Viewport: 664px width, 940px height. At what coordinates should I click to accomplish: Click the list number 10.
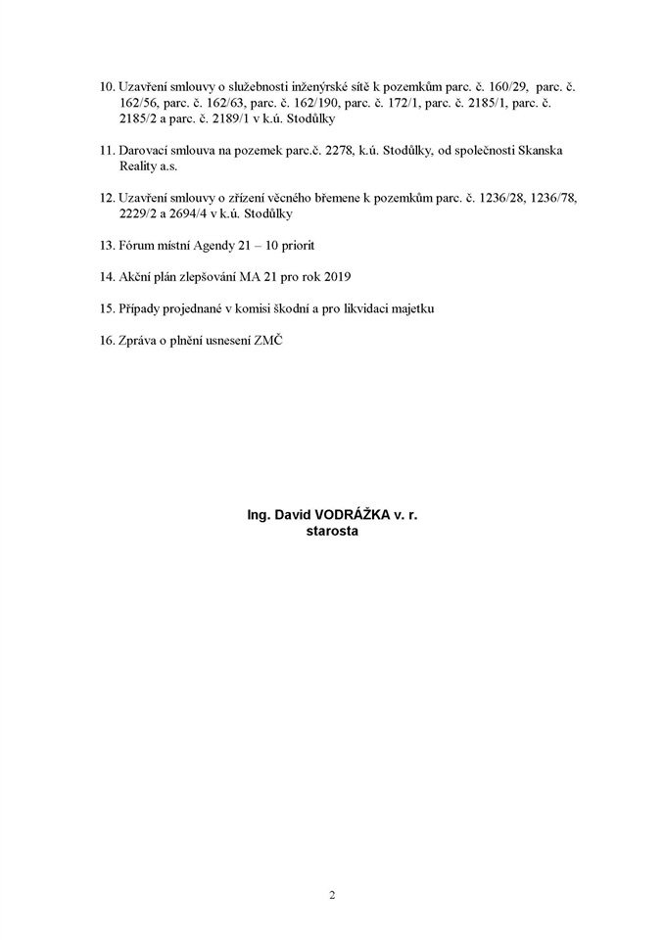107,86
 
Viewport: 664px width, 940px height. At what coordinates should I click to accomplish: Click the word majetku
407,308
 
